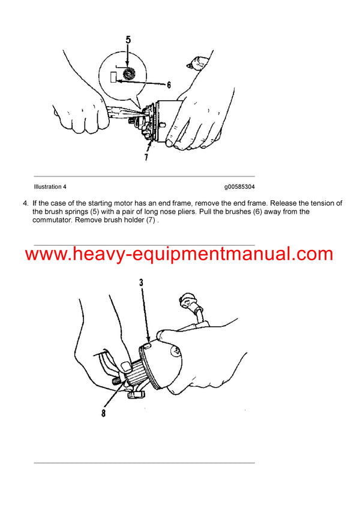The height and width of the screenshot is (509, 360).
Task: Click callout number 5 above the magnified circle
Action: tap(128, 42)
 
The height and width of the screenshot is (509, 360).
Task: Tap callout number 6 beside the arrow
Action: tap(169, 85)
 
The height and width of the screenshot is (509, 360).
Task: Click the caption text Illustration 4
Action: tap(51, 186)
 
